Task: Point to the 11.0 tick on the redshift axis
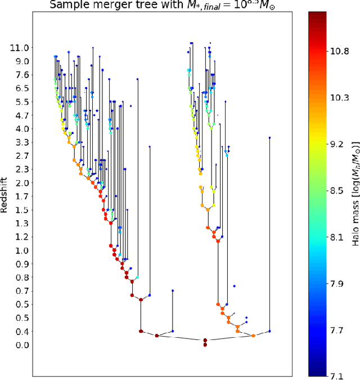[x=20, y=48]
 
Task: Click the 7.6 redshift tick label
[x=20, y=75]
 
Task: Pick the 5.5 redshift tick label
[x=20, y=102]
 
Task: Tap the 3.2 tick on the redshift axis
[x=20, y=142]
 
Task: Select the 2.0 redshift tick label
[x=20, y=183]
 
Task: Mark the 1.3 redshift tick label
[x=20, y=223]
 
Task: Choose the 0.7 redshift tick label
[x=20, y=290]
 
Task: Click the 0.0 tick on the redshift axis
[x=20, y=345]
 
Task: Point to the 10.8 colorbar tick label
[x=338, y=51]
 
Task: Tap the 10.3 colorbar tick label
[x=338, y=97]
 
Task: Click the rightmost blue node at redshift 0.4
[x=269, y=331]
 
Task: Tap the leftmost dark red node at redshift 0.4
[x=141, y=331]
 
